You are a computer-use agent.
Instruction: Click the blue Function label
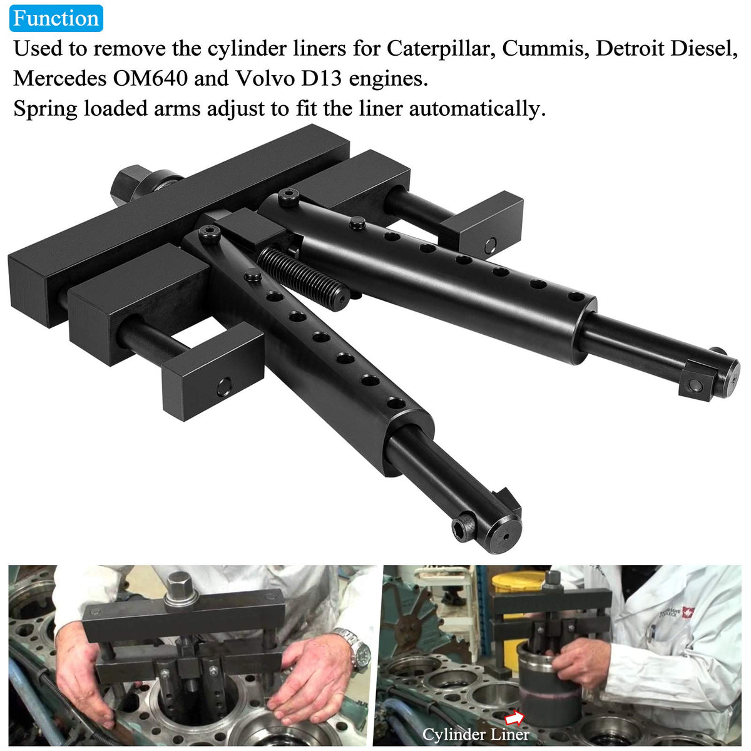(56, 18)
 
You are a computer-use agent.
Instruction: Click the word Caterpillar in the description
(441, 49)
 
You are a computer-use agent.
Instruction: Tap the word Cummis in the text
(546, 49)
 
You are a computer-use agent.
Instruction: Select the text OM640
(150, 78)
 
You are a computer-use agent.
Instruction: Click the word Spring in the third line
(46, 110)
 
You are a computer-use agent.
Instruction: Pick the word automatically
(477, 110)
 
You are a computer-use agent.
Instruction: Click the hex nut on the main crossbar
(126, 184)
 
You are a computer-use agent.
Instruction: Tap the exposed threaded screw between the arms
(302, 278)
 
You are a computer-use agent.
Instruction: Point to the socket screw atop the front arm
(210, 235)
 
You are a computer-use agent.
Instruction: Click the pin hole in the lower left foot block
(223, 387)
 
